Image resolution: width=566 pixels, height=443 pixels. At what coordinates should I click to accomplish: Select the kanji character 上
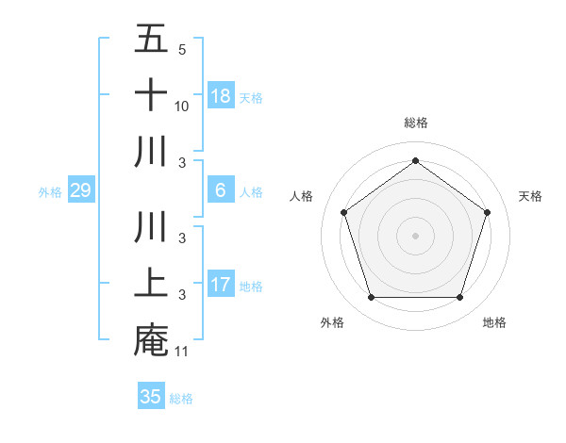pos(151,284)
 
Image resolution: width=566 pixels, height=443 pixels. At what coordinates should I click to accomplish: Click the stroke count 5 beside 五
pos(181,50)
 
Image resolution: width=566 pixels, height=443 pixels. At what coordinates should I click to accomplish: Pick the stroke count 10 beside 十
pos(182,107)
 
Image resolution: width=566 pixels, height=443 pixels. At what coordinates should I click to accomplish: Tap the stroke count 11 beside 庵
pos(182,352)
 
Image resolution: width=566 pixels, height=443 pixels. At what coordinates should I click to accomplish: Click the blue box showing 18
pos(221,95)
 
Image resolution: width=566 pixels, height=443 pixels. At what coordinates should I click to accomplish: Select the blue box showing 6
pos(221,190)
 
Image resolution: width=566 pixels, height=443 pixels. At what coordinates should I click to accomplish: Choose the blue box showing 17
pos(221,285)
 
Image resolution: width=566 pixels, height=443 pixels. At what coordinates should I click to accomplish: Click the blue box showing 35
pos(151,397)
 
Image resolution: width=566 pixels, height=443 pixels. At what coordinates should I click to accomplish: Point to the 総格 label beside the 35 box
pos(181,399)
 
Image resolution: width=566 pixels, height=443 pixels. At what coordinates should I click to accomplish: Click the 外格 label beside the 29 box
pos(50,192)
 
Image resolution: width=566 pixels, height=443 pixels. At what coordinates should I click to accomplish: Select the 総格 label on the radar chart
pos(415,123)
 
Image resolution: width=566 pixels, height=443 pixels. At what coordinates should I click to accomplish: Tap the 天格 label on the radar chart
pos(530,196)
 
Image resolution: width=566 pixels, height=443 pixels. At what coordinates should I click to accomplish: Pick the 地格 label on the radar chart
pos(494,322)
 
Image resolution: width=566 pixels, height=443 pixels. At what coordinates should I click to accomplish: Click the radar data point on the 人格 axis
pos(344,212)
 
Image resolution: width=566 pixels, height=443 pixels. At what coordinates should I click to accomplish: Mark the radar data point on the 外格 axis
pos(371,298)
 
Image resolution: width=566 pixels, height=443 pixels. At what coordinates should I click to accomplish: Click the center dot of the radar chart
pos(415,235)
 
